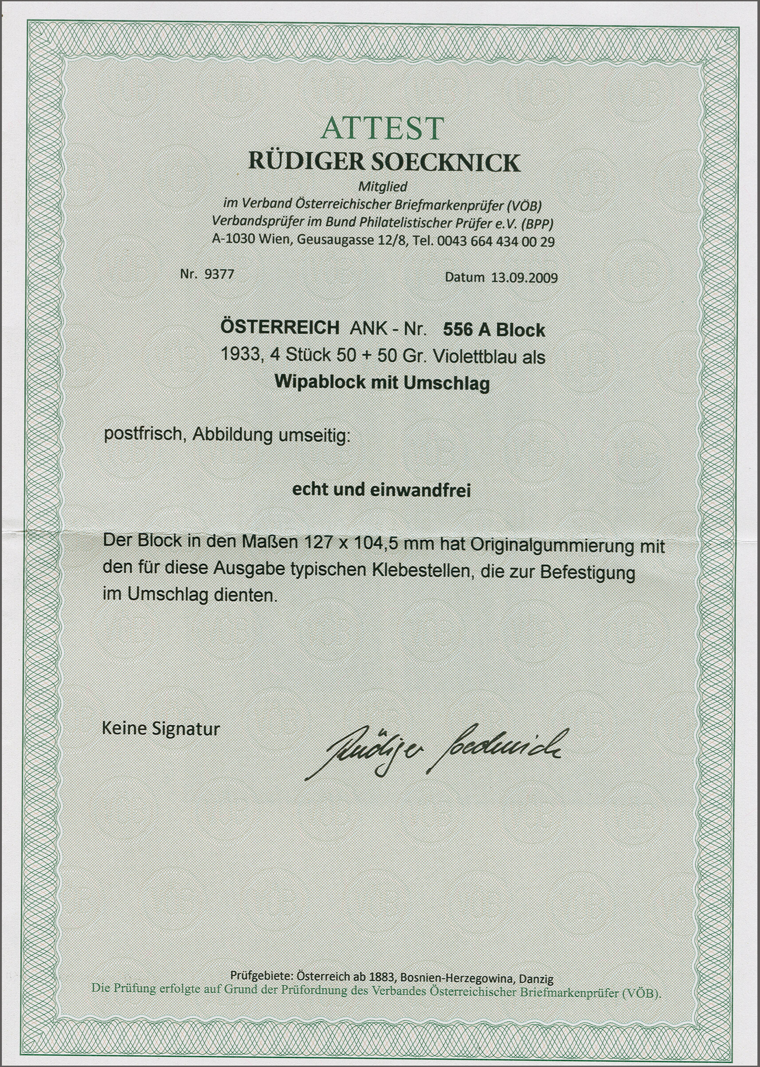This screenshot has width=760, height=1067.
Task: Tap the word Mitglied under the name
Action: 382,186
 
